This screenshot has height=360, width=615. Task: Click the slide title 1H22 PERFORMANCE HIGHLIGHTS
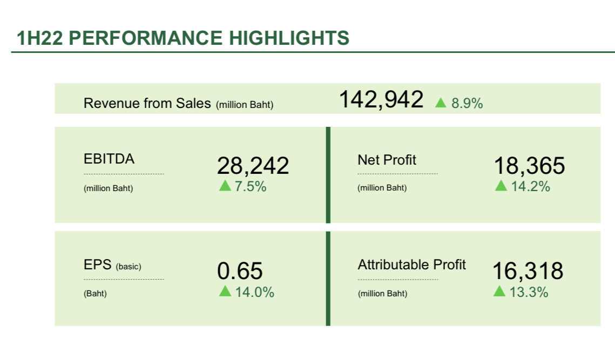(183, 38)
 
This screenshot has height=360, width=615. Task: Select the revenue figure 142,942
(381, 100)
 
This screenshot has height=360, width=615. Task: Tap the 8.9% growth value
(467, 103)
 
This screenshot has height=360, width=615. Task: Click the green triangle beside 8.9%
(441, 103)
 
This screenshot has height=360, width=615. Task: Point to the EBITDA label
(109, 159)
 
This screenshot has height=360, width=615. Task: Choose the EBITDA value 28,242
(253, 166)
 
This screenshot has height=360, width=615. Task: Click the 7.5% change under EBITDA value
(251, 187)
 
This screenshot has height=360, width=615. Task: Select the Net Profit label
(387, 160)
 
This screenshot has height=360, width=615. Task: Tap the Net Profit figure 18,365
(529, 166)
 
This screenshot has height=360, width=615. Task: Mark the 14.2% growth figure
(530, 187)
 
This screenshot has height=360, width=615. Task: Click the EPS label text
(98, 265)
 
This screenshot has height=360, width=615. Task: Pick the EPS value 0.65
(240, 271)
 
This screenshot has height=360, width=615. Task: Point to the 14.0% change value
(254, 293)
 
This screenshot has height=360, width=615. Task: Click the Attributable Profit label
(411, 265)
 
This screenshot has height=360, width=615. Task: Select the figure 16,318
(527, 271)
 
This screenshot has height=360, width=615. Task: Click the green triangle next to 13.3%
(499, 292)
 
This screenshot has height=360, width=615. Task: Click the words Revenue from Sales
(147, 103)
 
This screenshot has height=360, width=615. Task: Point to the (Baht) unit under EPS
(95, 294)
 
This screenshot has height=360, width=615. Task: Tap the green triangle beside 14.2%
(501, 186)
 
